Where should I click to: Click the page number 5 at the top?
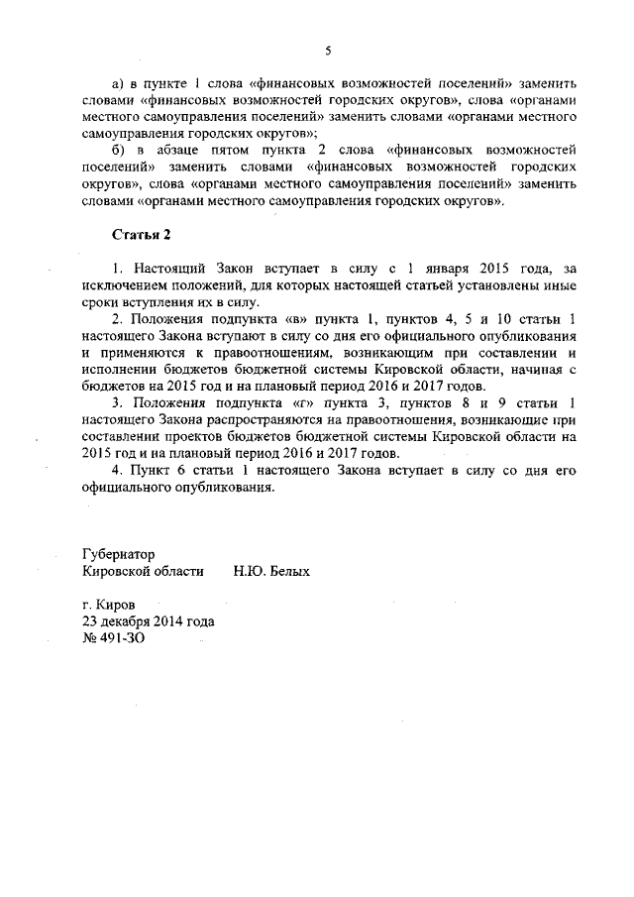[x=328, y=51]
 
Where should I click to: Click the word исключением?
[x=123, y=284]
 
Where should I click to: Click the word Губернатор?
[x=119, y=554]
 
